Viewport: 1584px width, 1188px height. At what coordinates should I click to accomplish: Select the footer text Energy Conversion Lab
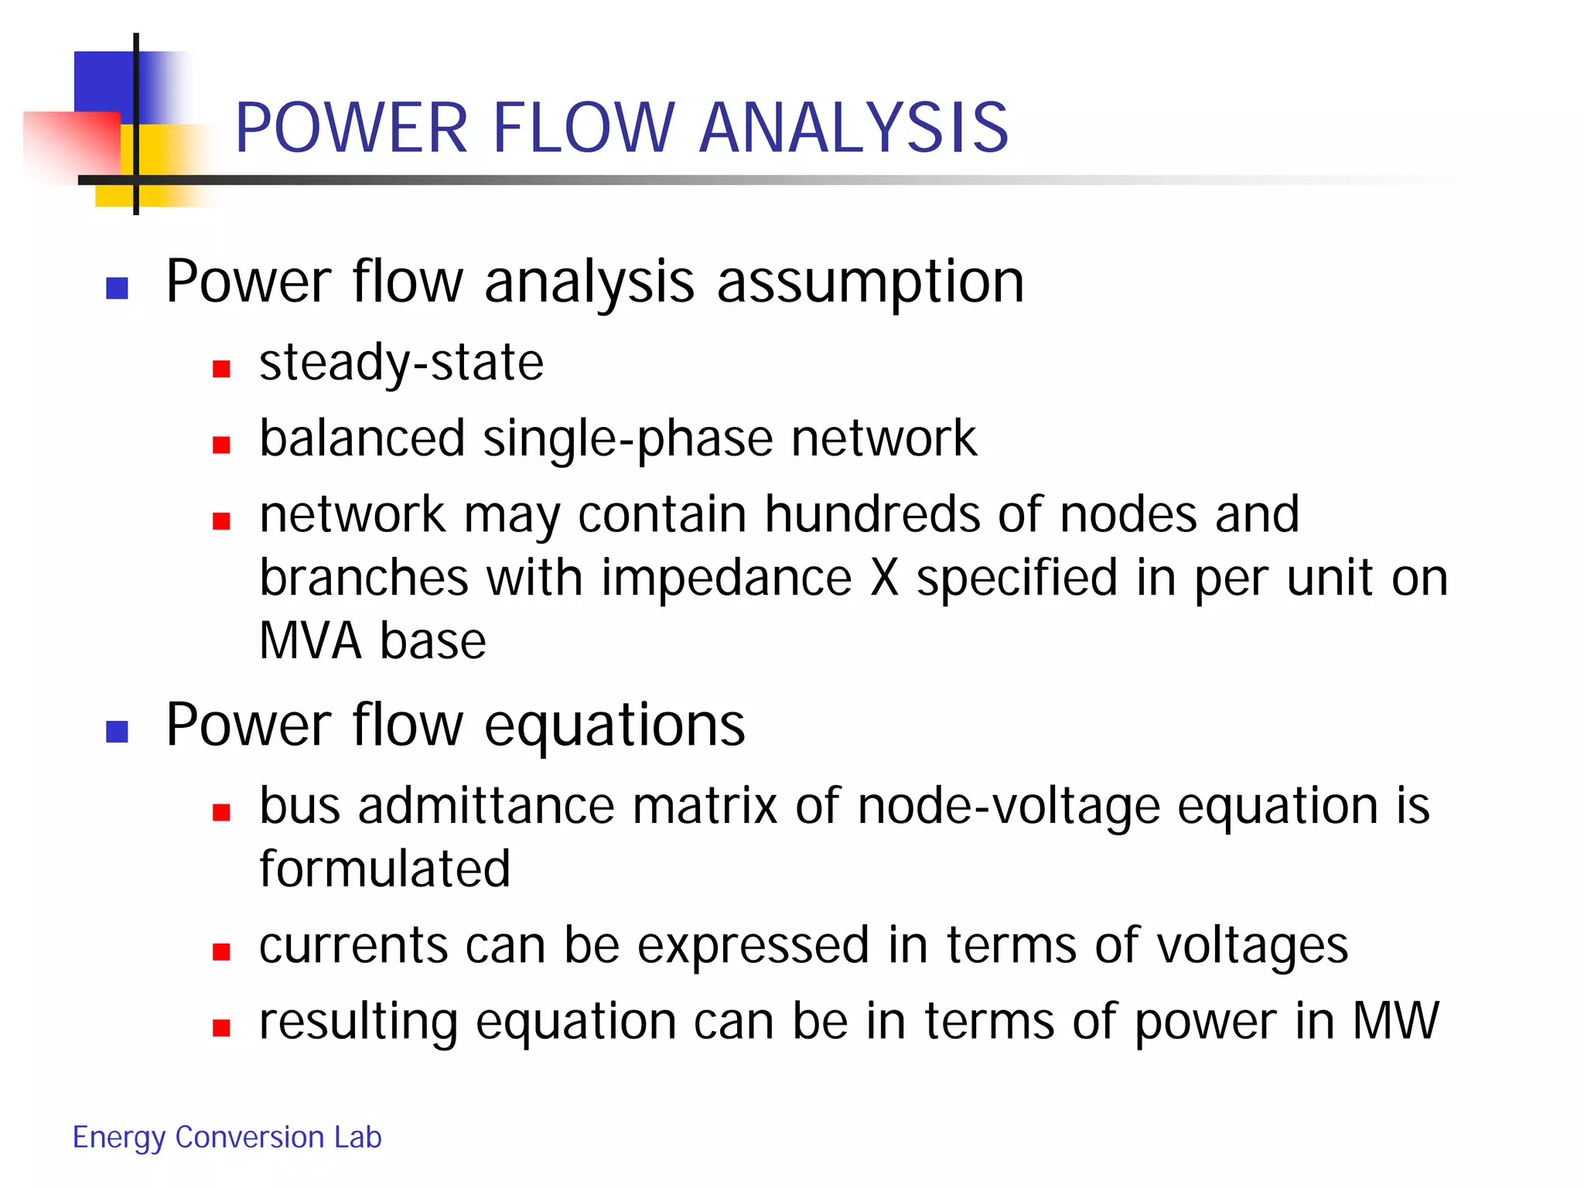[x=227, y=1137]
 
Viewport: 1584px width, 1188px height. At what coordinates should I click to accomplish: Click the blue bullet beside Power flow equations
[x=117, y=731]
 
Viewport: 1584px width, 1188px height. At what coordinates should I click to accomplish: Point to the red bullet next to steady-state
[x=222, y=369]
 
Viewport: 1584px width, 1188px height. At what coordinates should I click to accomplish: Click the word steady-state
[x=401, y=363]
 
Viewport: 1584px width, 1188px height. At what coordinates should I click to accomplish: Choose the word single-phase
[x=628, y=439]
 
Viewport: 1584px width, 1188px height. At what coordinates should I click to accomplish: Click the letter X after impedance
[x=884, y=578]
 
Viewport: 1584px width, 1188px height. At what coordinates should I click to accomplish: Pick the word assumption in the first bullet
[x=870, y=282]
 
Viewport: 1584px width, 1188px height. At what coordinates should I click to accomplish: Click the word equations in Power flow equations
[x=615, y=725]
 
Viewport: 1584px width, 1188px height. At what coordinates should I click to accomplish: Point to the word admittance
[x=486, y=806]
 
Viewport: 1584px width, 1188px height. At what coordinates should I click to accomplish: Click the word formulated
[x=384, y=869]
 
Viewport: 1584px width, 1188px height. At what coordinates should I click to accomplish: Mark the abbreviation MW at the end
[x=1395, y=1021]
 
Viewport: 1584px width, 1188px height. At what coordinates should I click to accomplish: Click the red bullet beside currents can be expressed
[x=222, y=952]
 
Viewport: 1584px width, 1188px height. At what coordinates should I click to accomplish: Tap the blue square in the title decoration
[x=104, y=81]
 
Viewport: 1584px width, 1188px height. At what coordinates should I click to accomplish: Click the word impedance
[x=726, y=578]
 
